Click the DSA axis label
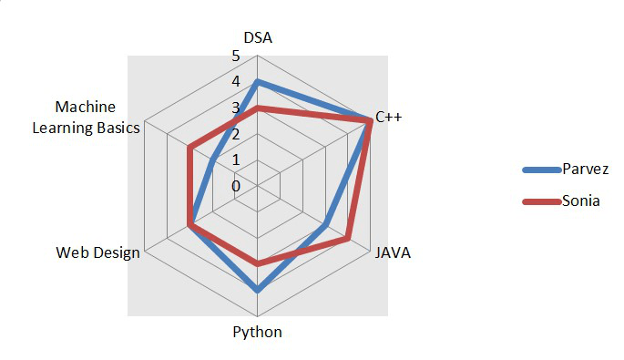point(258,37)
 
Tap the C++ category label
point(389,118)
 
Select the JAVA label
point(393,252)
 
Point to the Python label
point(258,332)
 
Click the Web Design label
point(97,252)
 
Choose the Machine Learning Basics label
point(86,118)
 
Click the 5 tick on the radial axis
point(236,57)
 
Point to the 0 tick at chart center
point(236,186)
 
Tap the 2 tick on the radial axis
point(236,134)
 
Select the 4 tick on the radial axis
point(236,82)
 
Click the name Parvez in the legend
point(579,170)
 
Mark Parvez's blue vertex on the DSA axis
point(258,82)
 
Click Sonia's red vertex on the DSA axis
point(258,108)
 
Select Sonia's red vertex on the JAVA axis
point(348,240)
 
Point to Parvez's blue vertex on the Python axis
point(258,291)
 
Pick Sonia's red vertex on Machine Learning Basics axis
point(189,147)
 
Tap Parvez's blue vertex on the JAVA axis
point(325,225)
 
